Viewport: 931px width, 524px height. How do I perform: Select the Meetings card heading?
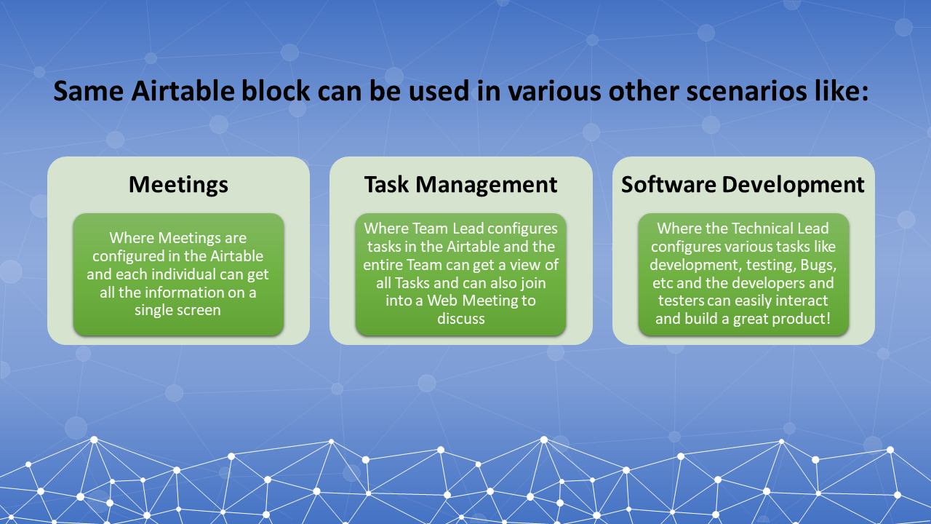(178, 184)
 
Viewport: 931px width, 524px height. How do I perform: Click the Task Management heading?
(460, 184)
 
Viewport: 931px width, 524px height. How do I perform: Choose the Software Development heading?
(743, 184)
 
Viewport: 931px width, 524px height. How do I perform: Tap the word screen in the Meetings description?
(199, 310)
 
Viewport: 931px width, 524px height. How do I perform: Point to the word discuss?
(460, 319)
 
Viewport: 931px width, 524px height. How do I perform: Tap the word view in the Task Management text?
(525, 264)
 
